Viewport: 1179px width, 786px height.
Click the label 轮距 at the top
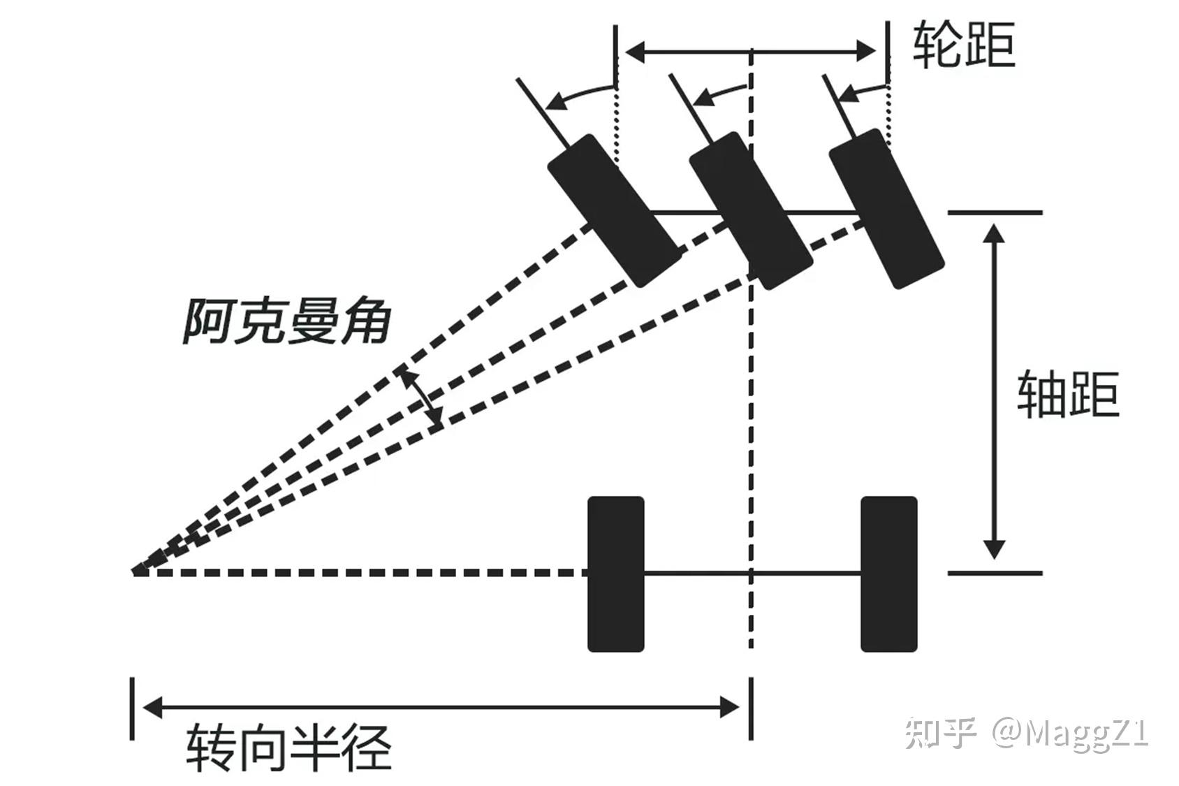[964, 43]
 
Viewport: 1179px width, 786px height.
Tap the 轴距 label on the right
[1068, 395]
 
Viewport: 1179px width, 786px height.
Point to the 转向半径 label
[288, 748]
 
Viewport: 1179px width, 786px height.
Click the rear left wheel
[615, 574]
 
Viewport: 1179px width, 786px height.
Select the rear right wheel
[888, 574]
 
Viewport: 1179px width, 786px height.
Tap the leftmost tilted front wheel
[613, 210]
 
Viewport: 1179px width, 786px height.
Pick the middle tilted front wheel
[751, 210]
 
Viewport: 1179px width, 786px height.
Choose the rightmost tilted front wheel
[886, 208]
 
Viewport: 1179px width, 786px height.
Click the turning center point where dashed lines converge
[135, 572]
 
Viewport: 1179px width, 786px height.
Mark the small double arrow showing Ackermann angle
[420, 398]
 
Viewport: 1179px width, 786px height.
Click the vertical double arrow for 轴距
[994, 392]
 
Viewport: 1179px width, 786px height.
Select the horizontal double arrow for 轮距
[750, 50]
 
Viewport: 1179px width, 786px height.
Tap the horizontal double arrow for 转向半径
[441, 707]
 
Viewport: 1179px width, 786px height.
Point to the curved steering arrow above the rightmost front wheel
[862, 90]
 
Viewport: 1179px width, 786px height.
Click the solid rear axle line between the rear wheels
[752, 573]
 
